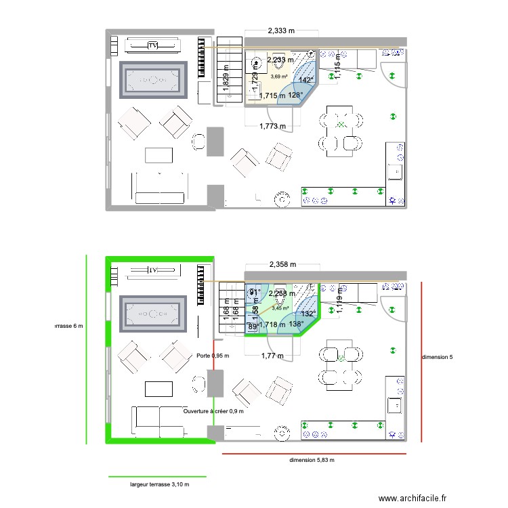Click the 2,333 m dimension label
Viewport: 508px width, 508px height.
pos(282,30)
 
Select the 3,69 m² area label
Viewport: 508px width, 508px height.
pos(279,76)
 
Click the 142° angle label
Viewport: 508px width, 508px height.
pos(306,80)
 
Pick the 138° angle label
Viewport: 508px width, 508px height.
pos(296,324)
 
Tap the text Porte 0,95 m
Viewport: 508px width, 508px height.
pos(213,356)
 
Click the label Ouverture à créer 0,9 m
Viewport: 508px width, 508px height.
pos(213,410)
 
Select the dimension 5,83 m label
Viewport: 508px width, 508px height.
pos(312,460)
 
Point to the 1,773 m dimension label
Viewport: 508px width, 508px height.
pos(273,126)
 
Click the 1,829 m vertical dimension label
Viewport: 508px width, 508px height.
pos(225,85)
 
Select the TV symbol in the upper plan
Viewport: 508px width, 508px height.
pos(153,45)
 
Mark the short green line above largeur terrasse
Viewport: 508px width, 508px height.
pos(157,477)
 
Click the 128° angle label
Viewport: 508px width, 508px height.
pos(295,96)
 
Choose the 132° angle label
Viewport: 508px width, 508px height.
pos(308,314)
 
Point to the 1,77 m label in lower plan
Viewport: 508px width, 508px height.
pos(271,355)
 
